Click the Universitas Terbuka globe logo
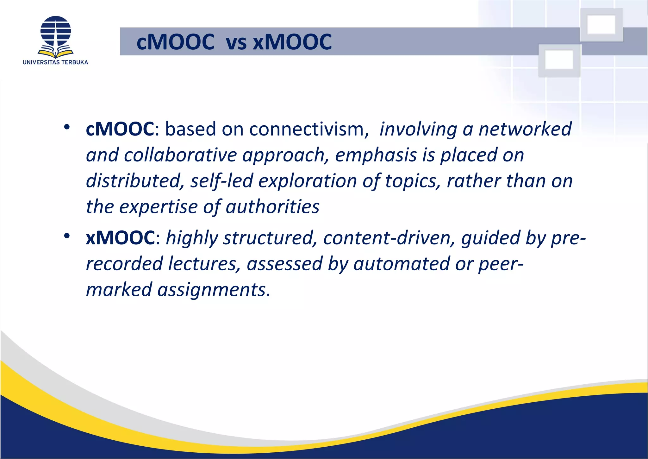point(56,35)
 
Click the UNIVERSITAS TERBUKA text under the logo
point(55,62)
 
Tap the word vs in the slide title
point(236,42)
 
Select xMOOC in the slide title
point(292,42)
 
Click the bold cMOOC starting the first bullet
point(120,129)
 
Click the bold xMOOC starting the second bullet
point(120,238)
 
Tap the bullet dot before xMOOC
point(66,236)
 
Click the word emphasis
point(376,155)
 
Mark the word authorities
point(272,207)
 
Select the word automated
point(401,264)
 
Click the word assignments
point(214,290)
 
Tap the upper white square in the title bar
point(601,24)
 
